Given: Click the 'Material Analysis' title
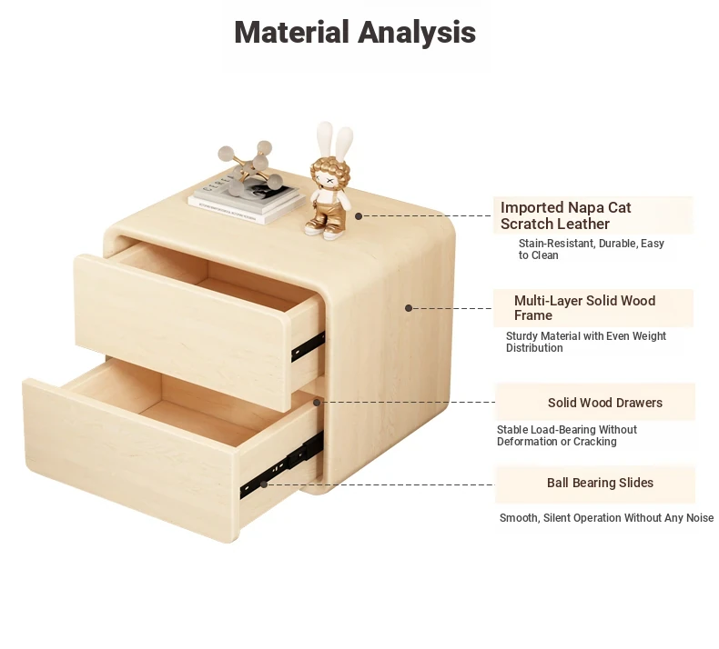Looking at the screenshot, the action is tap(355, 32).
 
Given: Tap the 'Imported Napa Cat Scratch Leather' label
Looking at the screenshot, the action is tap(565, 215).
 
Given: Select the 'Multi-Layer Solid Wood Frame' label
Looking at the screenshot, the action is tap(584, 308).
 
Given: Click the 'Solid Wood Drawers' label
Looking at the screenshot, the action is tap(605, 403).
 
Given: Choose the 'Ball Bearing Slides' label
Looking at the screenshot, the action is tap(600, 483).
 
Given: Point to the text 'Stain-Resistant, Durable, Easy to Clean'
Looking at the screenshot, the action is tap(591, 249).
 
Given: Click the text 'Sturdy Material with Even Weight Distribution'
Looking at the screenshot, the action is tap(585, 342).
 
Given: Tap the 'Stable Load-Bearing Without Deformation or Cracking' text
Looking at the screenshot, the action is tap(567, 435).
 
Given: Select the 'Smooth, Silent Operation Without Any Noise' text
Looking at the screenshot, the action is tap(606, 517).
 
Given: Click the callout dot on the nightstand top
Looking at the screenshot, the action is tap(359, 215).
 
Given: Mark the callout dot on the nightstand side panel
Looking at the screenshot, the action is tap(409, 308).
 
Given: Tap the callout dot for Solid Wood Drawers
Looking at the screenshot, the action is tap(317, 402).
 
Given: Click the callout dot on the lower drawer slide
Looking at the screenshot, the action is tap(264, 484).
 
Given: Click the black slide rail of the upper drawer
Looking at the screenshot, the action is tap(308, 346).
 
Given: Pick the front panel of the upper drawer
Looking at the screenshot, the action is tap(181, 330).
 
